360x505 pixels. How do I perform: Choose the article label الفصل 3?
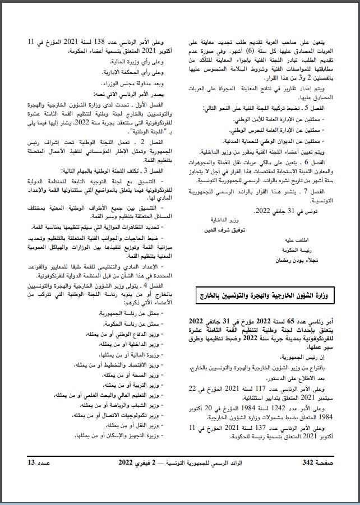(153, 169)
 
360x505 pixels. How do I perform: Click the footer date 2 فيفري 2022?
(137, 462)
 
